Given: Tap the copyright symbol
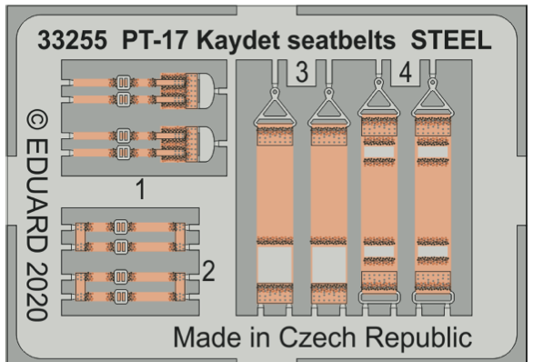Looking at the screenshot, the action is pyautogui.click(x=35, y=123).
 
